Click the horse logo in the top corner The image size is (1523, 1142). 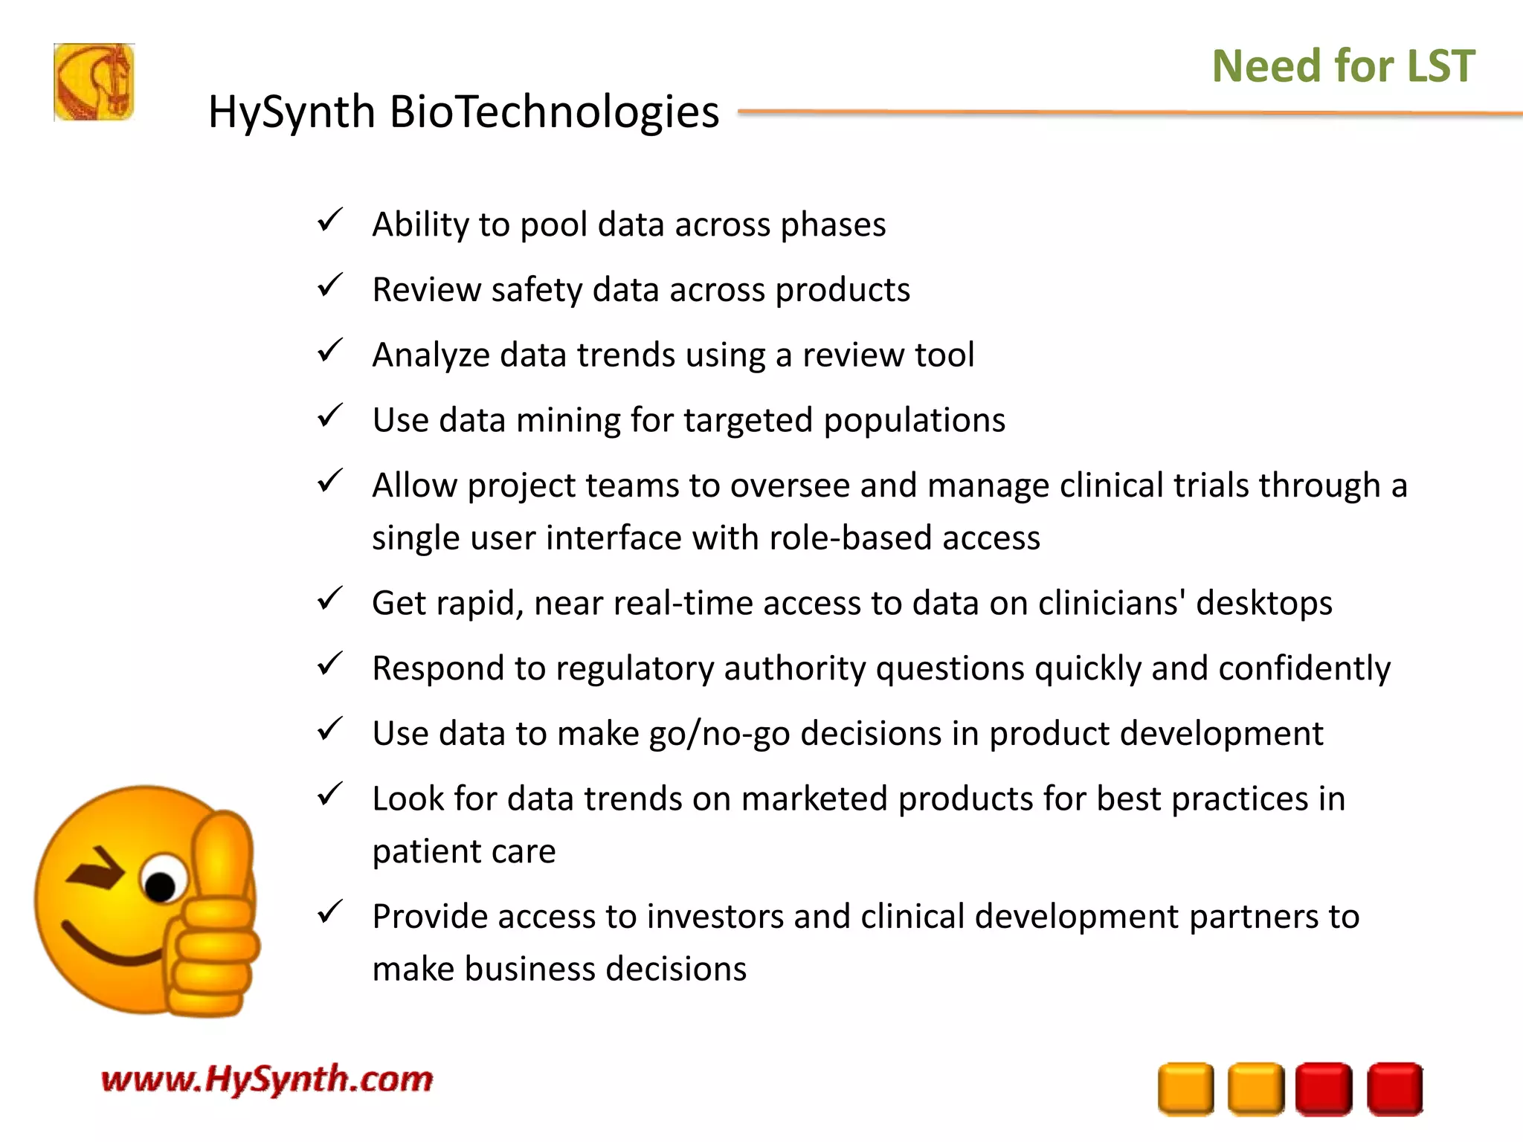pyautogui.click(x=94, y=82)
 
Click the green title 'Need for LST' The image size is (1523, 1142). pyautogui.click(x=1343, y=65)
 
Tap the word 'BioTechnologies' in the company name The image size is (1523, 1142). pyautogui.click(x=554, y=112)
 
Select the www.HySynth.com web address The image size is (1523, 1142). pyautogui.click(x=266, y=1079)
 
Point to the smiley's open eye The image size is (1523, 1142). pyautogui.click(x=162, y=880)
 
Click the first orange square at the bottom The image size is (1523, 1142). pyautogui.click(x=1185, y=1088)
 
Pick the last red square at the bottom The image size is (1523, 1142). pyautogui.click(x=1394, y=1088)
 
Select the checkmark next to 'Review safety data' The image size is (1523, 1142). pyautogui.click(x=329, y=285)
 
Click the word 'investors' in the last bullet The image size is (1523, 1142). pyautogui.click(x=713, y=917)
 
